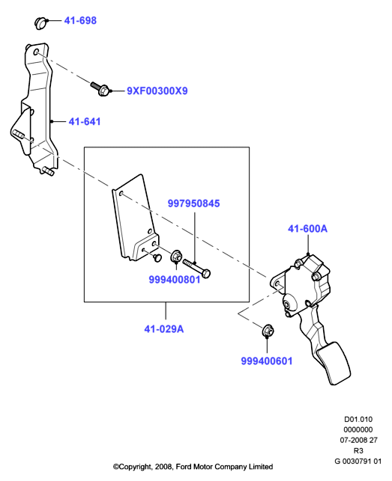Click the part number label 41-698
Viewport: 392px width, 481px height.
coord(80,20)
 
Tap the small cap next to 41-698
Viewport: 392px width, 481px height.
coord(40,23)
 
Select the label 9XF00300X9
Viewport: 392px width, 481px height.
coord(157,91)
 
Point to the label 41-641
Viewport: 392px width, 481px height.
coord(85,122)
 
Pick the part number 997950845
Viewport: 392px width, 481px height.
coord(193,203)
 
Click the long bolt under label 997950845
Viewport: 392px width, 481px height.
coord(197,268)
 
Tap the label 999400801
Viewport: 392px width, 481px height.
coord(175,280)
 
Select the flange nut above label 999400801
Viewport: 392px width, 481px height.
coord(176,257)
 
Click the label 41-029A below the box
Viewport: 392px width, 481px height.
coord(164,329)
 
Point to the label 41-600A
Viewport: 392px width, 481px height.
coord(307,229)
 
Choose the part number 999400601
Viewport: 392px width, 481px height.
coord(267,361)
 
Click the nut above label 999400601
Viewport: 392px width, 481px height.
coord(268,331)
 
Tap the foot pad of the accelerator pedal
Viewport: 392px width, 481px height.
coord(334,364)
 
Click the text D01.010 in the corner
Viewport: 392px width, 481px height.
coord(358,420)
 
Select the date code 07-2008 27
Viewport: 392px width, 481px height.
coord(358,440)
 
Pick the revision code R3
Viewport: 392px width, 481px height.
coord(358,450)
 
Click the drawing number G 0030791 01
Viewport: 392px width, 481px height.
coord(358,461)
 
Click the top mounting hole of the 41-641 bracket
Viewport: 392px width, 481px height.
coord(37,52)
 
